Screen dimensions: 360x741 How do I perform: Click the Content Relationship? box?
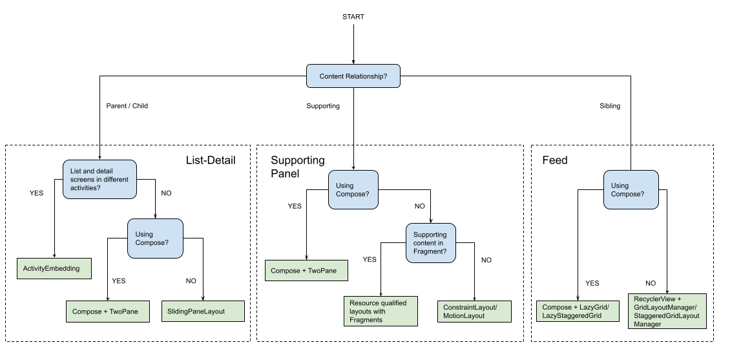click(353, 76)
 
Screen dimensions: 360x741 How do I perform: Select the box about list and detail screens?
click(99, 179)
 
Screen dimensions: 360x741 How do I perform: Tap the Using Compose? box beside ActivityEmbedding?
click(155, 238)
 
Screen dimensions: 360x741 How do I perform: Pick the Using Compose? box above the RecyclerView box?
click(631, 189)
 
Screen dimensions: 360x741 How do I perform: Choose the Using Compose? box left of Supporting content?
click(353, 189)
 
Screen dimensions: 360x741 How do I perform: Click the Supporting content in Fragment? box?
click(430, 243)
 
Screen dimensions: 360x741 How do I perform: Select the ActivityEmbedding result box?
click(54, 268)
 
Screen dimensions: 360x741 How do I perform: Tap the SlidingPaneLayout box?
click(203, 311)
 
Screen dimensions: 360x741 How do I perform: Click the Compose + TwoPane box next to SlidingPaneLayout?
click(107, 311)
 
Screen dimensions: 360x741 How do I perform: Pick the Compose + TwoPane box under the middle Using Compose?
click(306, 270)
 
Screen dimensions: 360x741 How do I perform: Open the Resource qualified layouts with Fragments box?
click(381, 311)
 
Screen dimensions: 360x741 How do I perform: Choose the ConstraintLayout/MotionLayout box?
click(474, 311)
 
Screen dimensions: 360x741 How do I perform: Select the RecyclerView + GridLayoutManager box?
click(667, 311)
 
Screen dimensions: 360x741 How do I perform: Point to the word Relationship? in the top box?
click(366, 76)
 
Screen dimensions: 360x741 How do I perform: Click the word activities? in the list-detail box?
click(84, 187)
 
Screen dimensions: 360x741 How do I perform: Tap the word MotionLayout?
click(464, 316)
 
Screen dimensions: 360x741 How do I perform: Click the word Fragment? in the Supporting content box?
click(430, 251)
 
